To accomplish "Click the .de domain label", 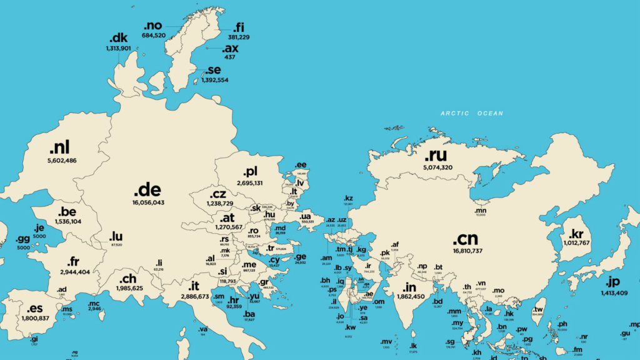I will [x=148, y=188].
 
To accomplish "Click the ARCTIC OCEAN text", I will [x=471, y=114].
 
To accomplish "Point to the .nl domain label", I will [x=60, y=147].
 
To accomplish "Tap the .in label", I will [x=409, y=287].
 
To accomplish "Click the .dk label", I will [x=117, y=39].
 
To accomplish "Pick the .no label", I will [x=152, y=26].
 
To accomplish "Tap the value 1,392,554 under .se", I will [x=211, y=80].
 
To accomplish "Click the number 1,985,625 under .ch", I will [x=129, y=288].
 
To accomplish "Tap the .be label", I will [x=67, y=212].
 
